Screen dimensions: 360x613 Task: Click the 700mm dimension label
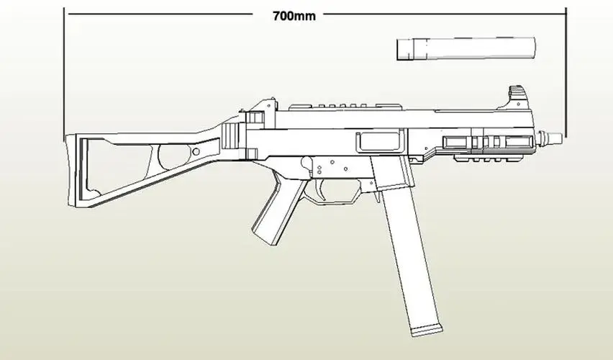tap(294, 15)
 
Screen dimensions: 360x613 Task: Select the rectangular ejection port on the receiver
tap(379, 143)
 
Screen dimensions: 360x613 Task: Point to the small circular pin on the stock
tap(195, 153)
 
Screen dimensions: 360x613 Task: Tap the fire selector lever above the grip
tap(310, 165)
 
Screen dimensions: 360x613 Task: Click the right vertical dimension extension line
tap(566, 72)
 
